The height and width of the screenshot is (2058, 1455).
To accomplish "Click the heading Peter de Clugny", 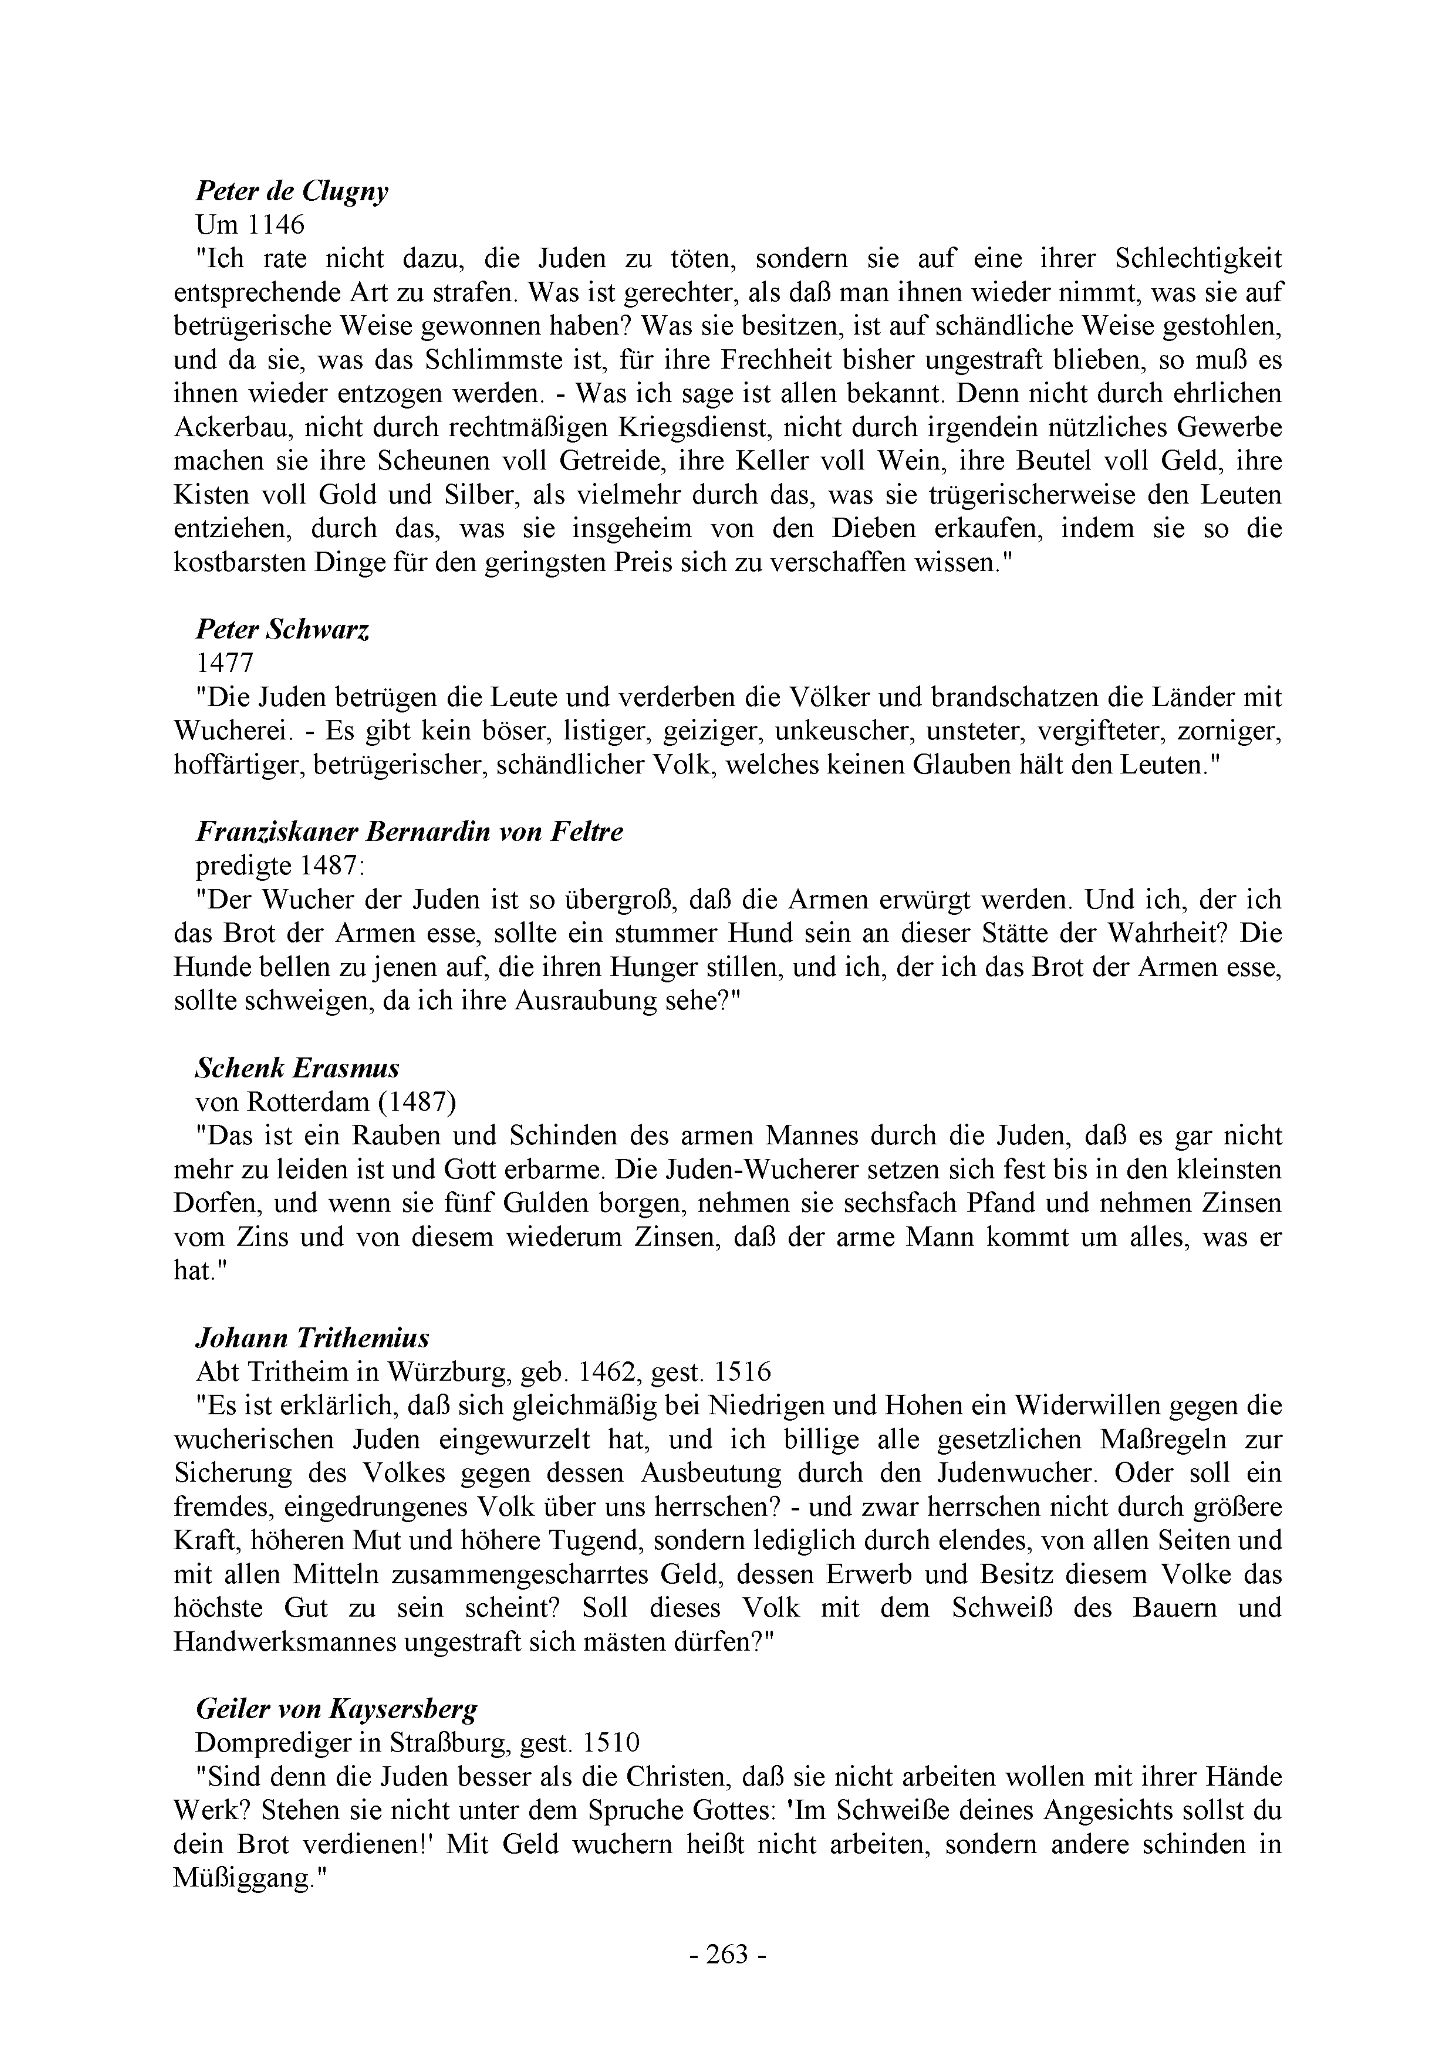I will [292, 192].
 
